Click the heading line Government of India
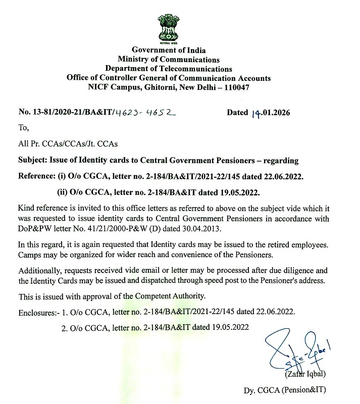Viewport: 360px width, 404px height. point(169,50)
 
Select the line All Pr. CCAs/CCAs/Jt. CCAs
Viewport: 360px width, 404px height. point(68,144)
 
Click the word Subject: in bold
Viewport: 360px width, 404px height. point(32,161)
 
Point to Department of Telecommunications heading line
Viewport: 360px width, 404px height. point(169,69)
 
